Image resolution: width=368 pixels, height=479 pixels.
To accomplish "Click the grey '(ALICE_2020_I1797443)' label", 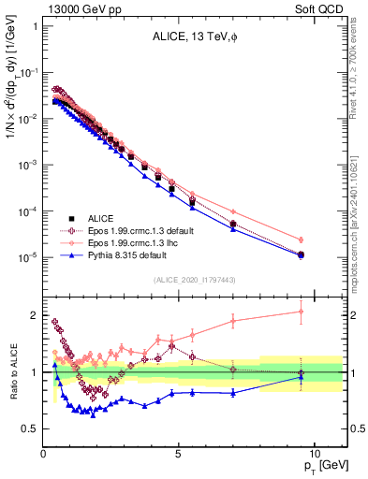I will [x=194, y=280].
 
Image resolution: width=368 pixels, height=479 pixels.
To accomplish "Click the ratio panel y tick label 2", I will [x=34, y=315].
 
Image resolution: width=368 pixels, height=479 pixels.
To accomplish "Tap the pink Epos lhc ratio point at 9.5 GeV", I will [x=301, y=312].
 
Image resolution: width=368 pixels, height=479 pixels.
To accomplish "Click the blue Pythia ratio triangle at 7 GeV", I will [x=233, y=393].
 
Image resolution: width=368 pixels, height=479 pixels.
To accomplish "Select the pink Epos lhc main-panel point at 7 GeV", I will [x=233, y=212].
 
